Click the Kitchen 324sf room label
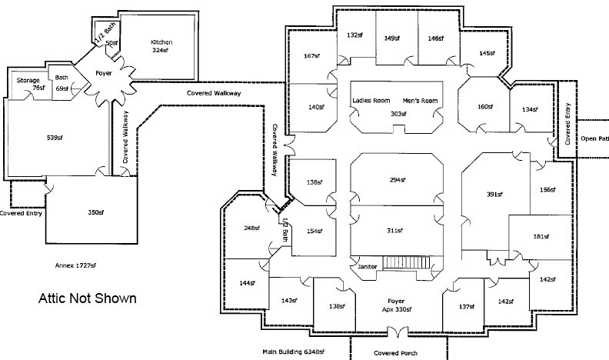(161, 45)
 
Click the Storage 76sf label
(28, 84)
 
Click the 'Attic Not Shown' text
(88, 298)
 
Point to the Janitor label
(368, 266)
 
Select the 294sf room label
(397, 178)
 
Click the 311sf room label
(397, 229)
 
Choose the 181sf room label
(541, 236)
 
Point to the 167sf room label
(311, 55)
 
